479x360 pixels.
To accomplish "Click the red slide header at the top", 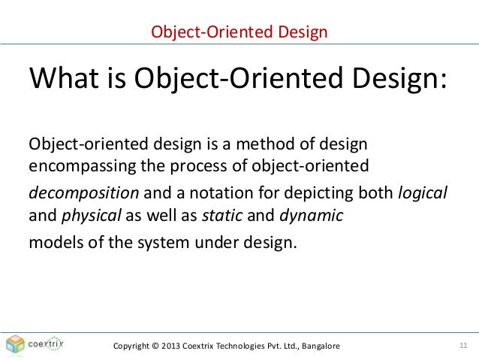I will pos(239,32).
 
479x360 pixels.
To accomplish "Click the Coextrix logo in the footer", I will pos(33,344).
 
